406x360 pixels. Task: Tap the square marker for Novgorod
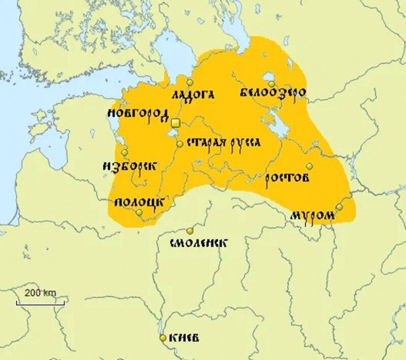click(x=175, y=123)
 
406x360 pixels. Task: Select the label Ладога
click(x=193, y=95)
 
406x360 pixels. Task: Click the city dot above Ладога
click(x=190, y=82)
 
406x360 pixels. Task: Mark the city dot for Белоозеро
click(x=272, y=84)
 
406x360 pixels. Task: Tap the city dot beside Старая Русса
click(x=180, y=144)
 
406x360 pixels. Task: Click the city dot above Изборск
click(x=124, y=152)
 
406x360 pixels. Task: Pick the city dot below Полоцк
click(x=140, y=213)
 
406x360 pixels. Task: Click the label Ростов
click(x=288, y=178)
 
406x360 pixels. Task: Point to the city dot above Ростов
click(x=309, y=166)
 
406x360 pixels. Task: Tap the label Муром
click(x=313, y=216)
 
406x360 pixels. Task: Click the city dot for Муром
click(x=340, y=207)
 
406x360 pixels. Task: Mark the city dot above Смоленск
click(x=190, y=230)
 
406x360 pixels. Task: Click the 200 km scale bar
click(x=40, y=302)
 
